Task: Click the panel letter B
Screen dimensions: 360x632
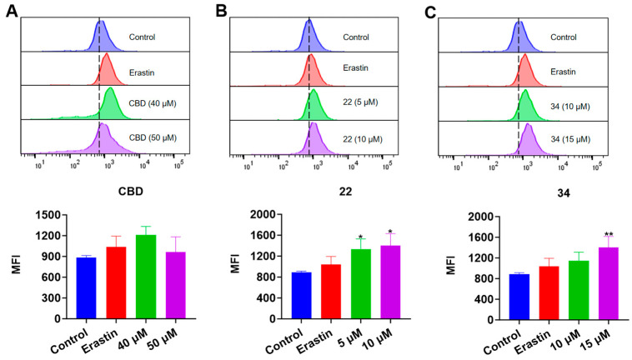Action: [x=221, y=10]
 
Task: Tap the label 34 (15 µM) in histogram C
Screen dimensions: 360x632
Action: [x=574, y=136]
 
